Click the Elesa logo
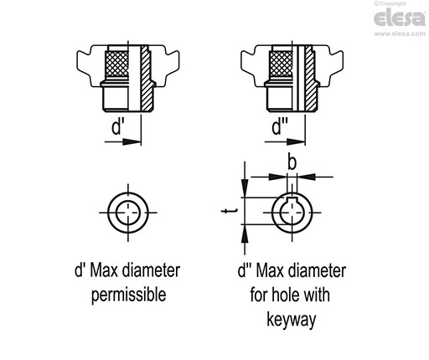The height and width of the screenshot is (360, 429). tap(400, 18)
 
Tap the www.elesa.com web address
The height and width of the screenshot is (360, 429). tap(400, 33)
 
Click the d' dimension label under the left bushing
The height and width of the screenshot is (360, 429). tap(117, 127)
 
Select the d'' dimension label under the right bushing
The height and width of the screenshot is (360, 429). tap(280, 127)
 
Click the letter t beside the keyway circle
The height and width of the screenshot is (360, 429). tap(230, 211)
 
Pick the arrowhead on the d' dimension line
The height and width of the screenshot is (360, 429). tap(132, 142)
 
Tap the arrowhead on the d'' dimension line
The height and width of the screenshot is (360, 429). tap(296, 142)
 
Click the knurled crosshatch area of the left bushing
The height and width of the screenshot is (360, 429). tap(116, 64)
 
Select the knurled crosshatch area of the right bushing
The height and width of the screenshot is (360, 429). tap(281, 64)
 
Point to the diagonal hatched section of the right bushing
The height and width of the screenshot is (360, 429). tap(311, 78)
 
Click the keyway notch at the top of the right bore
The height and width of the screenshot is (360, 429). tap(292, 199)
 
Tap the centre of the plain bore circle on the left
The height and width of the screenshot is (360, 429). tap(128, 213)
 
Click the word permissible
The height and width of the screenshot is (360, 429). tap(128, 296)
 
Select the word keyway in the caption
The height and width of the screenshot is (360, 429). tap(292, 320)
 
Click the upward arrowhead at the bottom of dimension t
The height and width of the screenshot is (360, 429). tap(245, 234)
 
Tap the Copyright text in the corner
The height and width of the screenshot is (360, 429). tap(390, 3)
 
